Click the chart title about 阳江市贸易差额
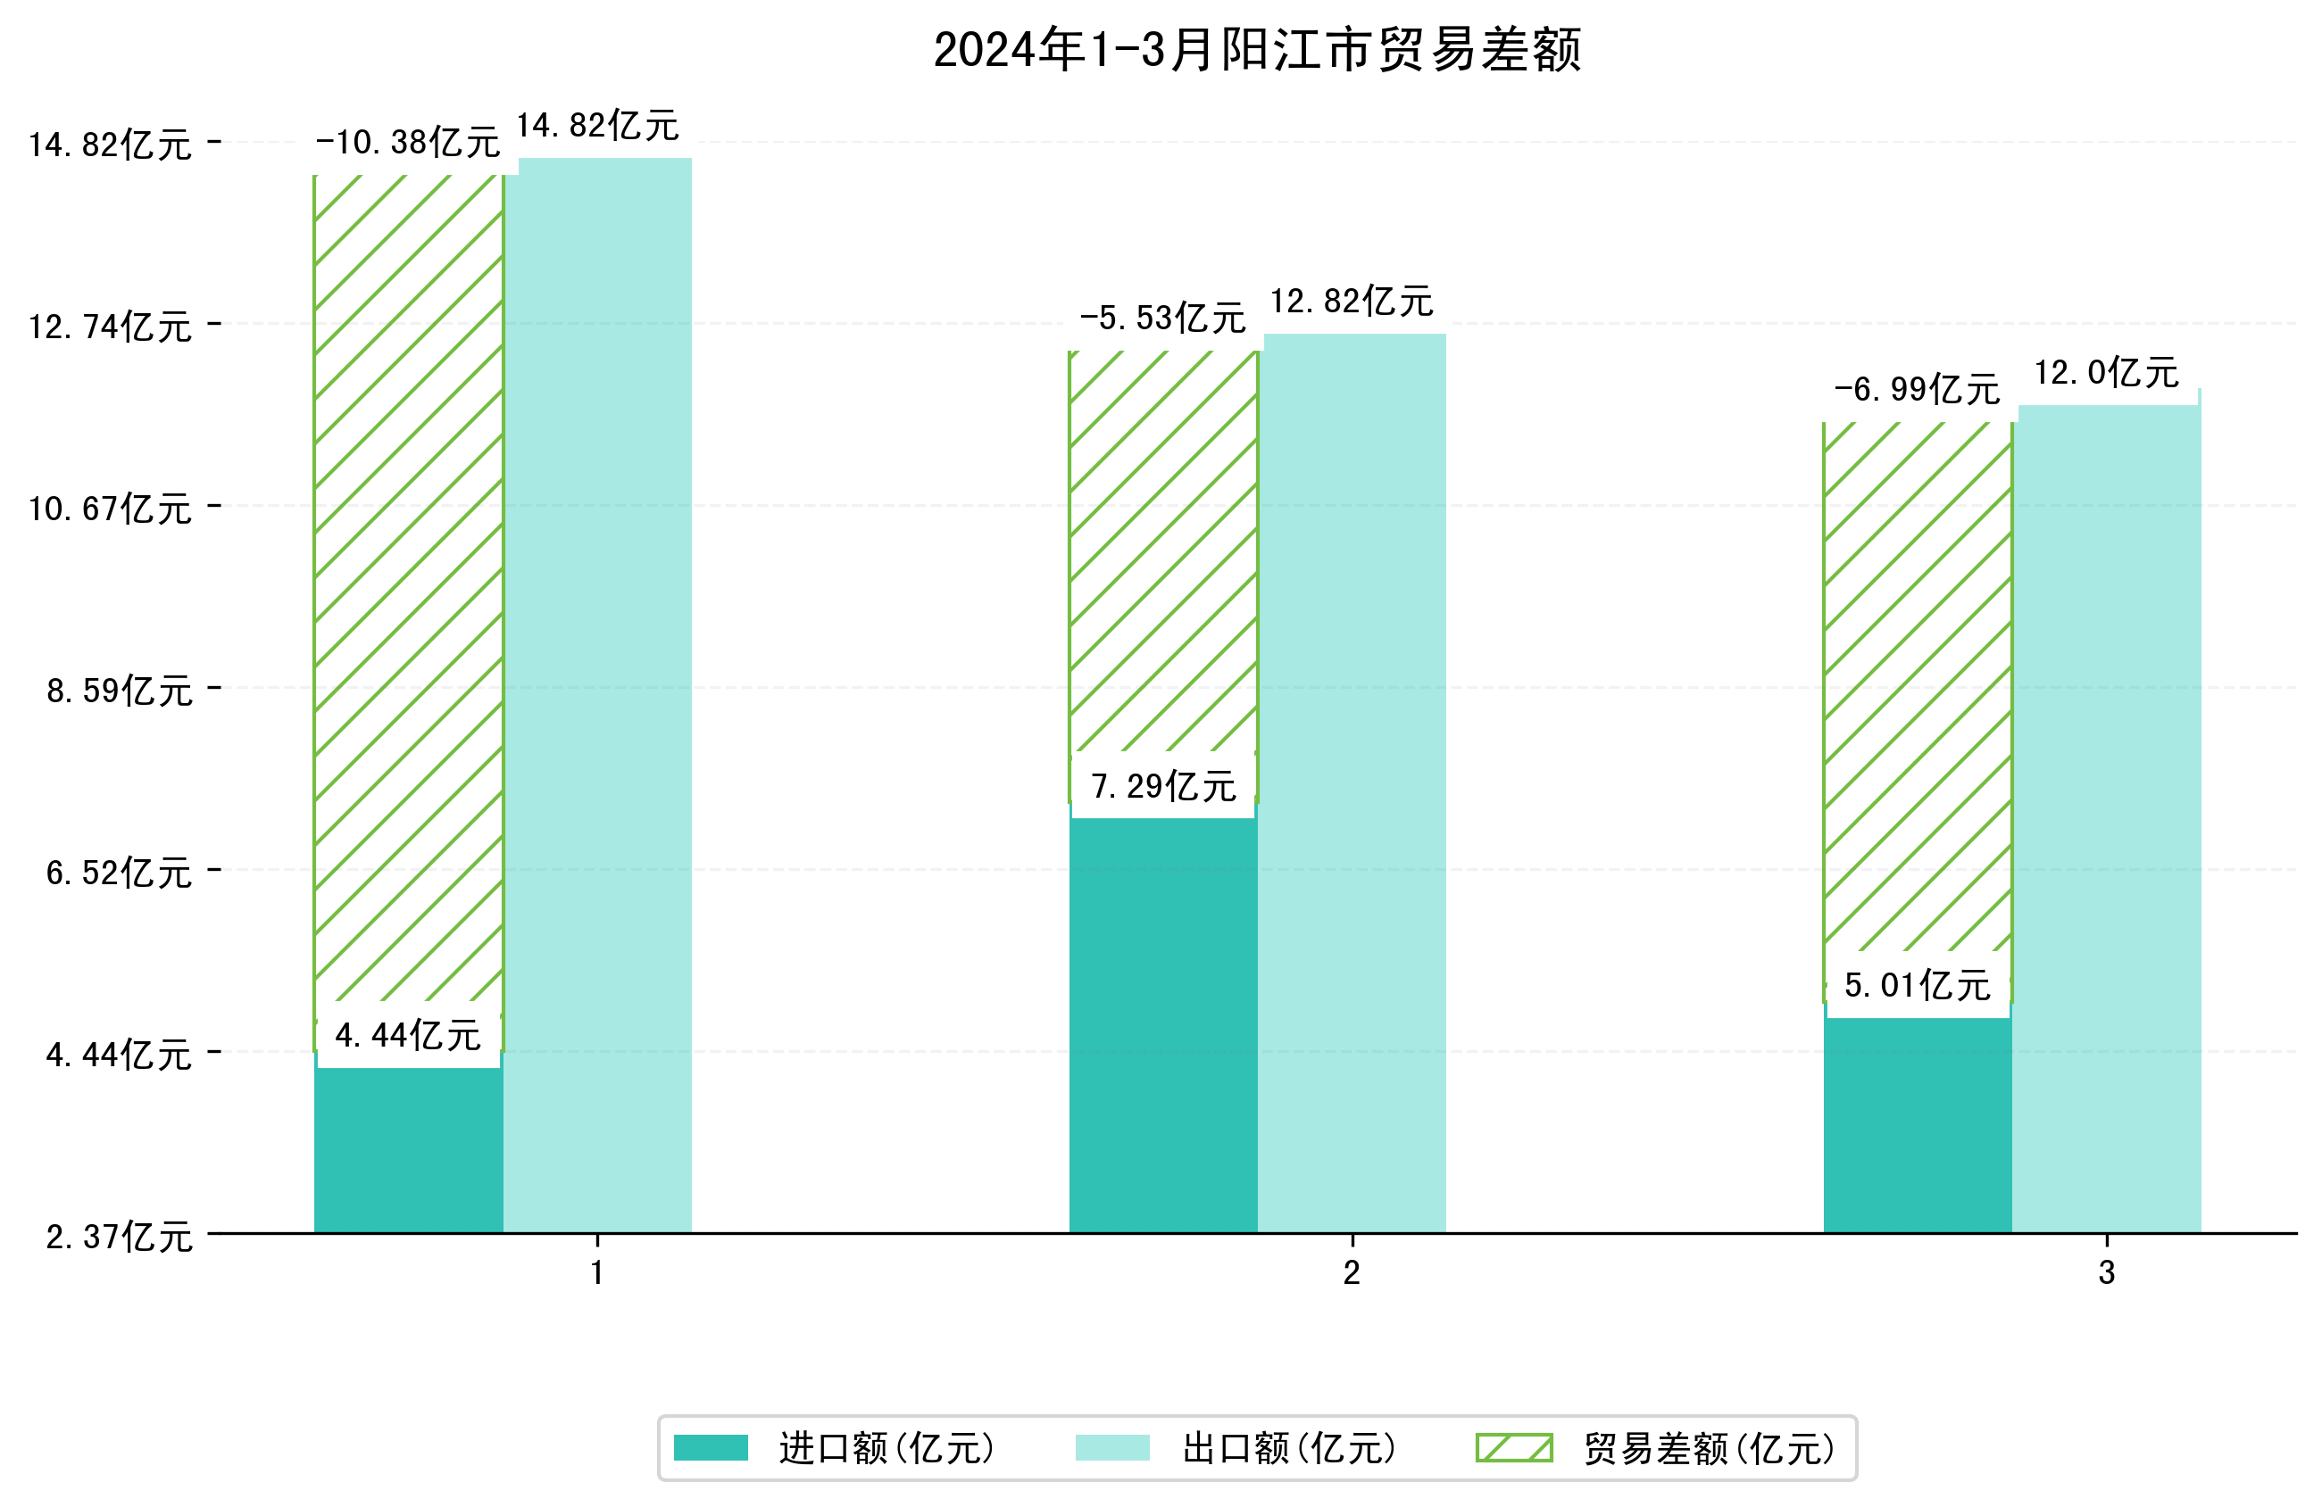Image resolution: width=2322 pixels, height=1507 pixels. point(1257,51)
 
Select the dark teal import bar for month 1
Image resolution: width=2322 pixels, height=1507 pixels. point(408,1151)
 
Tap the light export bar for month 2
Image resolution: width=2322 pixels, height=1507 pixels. point(1352,781)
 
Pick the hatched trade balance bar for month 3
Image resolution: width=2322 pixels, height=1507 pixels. point(1917,683)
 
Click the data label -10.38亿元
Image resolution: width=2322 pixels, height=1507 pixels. point(408,143)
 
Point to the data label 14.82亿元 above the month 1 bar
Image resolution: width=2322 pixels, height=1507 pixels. point(597,126)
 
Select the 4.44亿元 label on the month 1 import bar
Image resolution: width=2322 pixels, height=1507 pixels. point(408,1035)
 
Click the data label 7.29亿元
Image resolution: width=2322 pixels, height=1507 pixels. point(1163,786)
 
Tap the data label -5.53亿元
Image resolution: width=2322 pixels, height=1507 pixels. point(1163,318)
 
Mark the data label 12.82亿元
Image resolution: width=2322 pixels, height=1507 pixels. point(1352,302)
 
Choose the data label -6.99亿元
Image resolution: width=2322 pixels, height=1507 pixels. point(1917,389)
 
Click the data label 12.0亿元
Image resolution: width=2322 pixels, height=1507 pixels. point(2106,373)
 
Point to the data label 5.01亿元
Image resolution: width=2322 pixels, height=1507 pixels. point(1917,985)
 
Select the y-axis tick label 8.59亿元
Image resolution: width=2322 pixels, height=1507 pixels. point(119,691)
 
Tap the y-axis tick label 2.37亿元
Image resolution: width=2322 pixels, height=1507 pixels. point(119,1237)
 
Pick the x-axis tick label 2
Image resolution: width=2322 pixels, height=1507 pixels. point(1352,1273)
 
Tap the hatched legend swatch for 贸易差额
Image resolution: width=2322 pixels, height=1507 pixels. point(1514,1447)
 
